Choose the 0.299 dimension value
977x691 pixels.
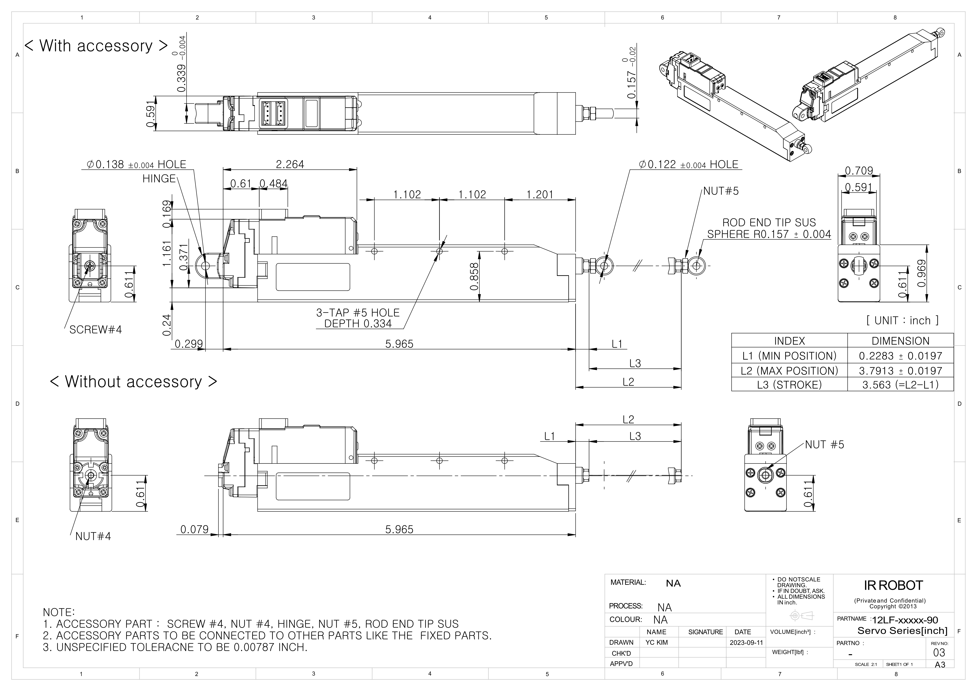tap(188, 344)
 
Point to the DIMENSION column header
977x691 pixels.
tap(900, 341)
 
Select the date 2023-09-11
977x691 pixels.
tap(746, 643)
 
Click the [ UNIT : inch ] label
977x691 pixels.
tap(902, 320)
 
